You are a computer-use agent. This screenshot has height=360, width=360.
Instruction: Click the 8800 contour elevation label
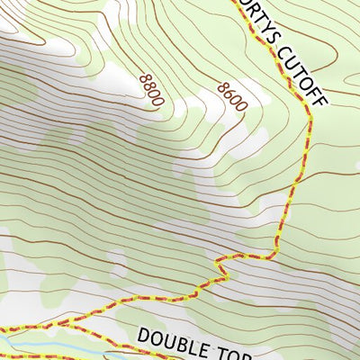pos(150,91)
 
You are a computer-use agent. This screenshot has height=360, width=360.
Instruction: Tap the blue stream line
pos(36,345)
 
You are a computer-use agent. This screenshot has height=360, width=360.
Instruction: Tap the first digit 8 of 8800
pos(144,80)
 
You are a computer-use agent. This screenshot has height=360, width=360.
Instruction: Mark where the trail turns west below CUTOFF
pos(270,257)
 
